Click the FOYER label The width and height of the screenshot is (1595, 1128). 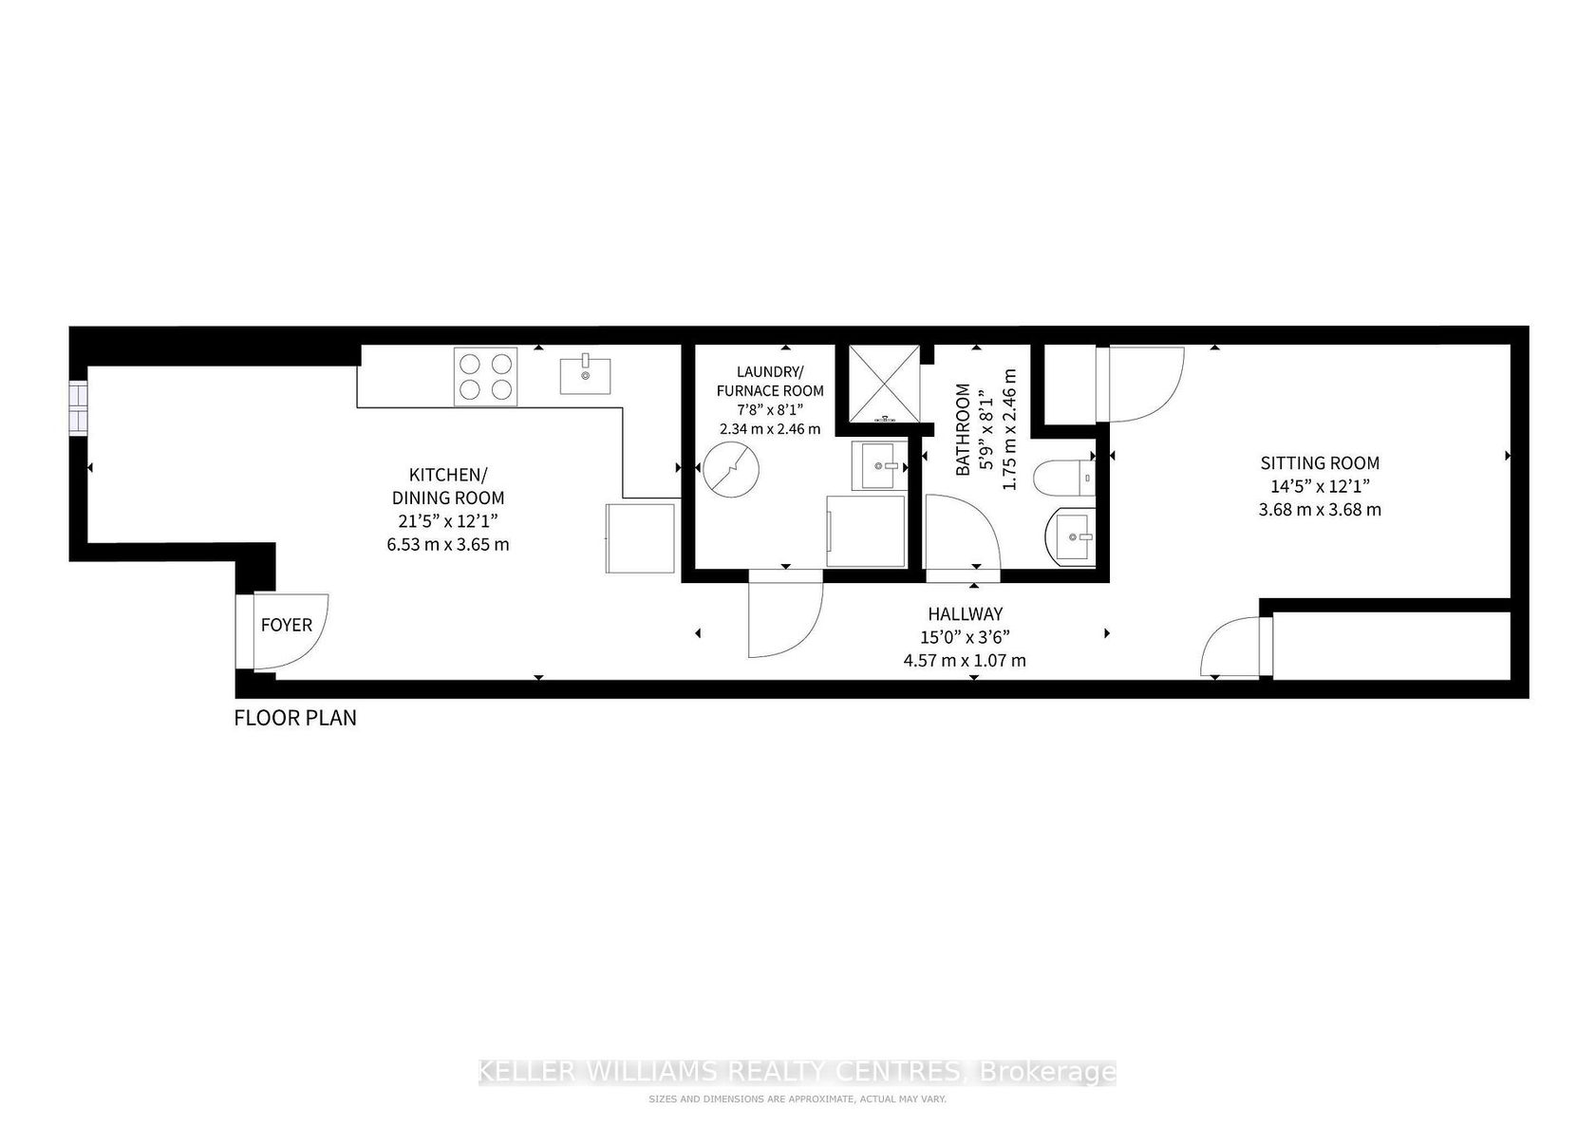pos(287,625)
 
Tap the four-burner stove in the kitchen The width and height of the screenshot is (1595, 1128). pos(486,377)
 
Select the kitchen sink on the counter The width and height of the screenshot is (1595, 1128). pos(585,374)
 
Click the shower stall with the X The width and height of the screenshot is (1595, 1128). pos(884,385)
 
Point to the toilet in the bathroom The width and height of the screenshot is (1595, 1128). pos(1063,478)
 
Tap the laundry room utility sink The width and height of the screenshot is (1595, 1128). pos(879,465)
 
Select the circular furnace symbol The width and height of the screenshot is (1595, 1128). pos(731,469)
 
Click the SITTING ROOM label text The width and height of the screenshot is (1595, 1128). pos(1320,463)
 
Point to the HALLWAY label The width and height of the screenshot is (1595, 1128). pos(965,613)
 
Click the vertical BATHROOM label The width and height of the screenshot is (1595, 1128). pos(963,429)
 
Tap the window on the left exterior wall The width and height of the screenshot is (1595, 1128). pos(78,408)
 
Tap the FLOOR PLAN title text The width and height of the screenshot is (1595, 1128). pos(294,718)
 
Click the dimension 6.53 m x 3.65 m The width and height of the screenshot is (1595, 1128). pos(448,545)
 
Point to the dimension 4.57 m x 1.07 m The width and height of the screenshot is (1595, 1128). pos(965,661)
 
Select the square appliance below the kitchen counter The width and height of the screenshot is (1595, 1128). pos(640,538)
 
